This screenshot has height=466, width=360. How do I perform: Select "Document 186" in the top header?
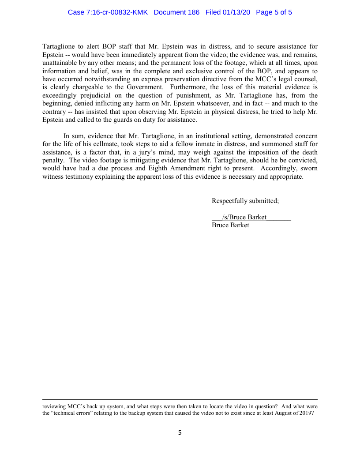click(177, 12)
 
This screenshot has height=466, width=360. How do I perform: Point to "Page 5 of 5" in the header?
click(274, 12)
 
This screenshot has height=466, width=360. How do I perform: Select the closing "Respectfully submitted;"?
click(245, 201)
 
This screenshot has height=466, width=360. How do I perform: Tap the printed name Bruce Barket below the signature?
click(230, 225)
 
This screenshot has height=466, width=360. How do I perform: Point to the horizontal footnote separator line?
click(180, 400)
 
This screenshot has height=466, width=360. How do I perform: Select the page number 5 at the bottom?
click(180, 433)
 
